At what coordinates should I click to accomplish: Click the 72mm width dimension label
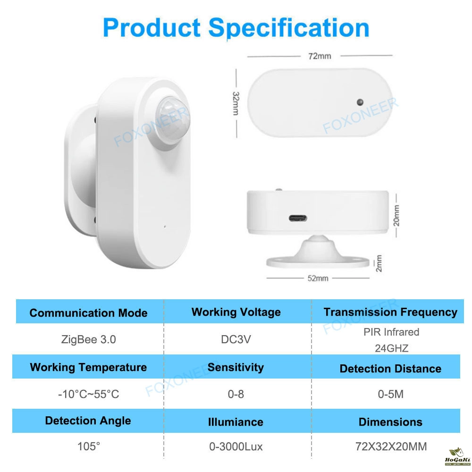[x=320, y=56]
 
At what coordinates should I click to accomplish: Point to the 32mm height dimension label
[x=236, y=103]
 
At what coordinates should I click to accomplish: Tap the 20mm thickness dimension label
[x=396, y=216]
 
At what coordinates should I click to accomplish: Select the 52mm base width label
[x=318, y=278]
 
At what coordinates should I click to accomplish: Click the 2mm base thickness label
[x=379, y=263]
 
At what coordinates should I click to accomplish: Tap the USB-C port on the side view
[x=298, y=218]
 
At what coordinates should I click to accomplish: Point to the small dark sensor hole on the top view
[x=360, y=102]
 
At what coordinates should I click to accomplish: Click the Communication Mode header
[x=89, y=313]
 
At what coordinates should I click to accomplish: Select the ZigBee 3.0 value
[x=89, y=339]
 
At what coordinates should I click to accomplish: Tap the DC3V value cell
[x=236, y=339]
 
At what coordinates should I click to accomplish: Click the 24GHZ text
[x=391, y=348]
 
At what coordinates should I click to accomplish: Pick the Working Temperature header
[x=89, y=368]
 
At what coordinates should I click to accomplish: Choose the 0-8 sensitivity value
[x=236, y=394]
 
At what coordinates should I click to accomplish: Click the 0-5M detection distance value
[x=390, y=394]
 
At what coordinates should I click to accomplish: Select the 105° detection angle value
[x=89, y=446]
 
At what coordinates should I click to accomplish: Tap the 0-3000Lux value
[x=236, y=447]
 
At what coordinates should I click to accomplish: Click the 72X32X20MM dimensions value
[x=391, y=447]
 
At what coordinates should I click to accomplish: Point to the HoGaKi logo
[x=457, y=456]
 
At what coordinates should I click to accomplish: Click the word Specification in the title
[x=289, y=28]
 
